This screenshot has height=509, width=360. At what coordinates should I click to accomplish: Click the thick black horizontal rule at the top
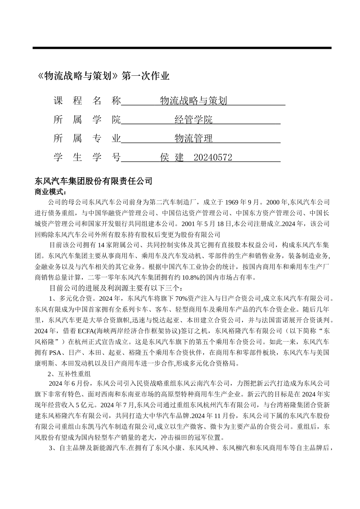tap(182, 48)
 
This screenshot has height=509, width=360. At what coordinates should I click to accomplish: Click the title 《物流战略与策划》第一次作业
tap(103, 76)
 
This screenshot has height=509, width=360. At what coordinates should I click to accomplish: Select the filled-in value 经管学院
tap(193, 120)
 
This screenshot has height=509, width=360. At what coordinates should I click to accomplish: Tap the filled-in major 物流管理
tap(193, 139)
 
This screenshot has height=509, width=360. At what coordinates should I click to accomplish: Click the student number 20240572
tap(213, 158)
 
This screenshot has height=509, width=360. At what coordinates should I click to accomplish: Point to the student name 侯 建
tap(172, 158)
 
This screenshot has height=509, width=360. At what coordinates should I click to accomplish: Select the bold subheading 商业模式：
tap(50, 192)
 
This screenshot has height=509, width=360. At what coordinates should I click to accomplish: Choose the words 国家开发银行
tap(109, 223)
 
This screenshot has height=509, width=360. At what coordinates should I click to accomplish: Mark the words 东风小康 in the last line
tap(168, 448)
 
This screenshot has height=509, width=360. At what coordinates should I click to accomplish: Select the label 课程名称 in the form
tap(87, 101)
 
